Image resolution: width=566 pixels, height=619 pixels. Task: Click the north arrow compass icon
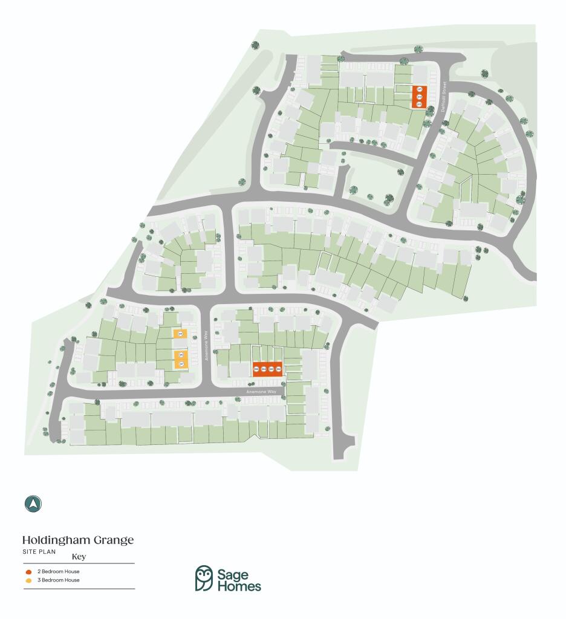33,504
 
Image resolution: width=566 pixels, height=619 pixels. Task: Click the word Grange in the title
115,540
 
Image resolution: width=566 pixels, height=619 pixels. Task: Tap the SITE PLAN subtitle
39,551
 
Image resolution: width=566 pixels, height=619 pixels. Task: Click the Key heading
79,557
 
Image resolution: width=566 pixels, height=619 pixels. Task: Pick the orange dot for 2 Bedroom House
28,571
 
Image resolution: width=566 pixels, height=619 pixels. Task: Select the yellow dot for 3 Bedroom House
28,580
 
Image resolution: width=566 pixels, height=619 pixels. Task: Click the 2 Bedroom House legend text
58,571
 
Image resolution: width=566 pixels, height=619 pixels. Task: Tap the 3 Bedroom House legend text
58,580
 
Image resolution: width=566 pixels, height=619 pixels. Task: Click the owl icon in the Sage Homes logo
204,578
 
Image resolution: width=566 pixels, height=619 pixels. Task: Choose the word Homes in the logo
239,585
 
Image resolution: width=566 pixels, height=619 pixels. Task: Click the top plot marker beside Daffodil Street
419,90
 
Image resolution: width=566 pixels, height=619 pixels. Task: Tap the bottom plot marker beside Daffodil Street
419,103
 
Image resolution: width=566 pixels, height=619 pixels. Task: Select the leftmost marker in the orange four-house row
256,369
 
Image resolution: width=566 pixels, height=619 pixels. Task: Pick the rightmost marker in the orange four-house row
278,369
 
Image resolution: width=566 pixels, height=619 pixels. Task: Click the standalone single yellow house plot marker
180,334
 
